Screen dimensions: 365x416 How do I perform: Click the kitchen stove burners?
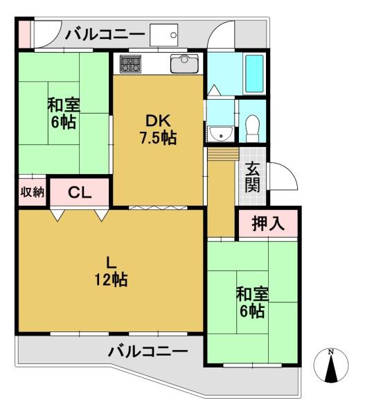[130, 64]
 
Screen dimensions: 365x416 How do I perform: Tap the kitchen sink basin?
[184, 63]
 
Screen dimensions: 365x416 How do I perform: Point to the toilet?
[252, 128]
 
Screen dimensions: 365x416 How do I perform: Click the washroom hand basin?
[221, 133]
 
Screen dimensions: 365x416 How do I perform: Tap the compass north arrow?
[331, 369]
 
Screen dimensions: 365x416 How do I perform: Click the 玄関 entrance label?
[252, 177]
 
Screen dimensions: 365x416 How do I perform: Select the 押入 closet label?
[268, 223]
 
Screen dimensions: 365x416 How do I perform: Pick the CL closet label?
[80, 193]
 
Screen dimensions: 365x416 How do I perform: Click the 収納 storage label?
[33, 191]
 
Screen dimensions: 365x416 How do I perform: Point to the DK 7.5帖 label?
[158, 129]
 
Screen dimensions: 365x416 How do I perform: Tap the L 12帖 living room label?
[111, 271]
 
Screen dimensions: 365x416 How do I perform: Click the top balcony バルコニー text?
[105, 35]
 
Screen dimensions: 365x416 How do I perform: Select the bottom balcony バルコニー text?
[148, 352]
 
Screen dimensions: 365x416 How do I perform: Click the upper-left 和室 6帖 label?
[64, 113]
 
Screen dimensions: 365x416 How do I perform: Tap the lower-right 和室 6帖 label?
[252, 302]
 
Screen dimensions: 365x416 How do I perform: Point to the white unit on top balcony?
[164, 35]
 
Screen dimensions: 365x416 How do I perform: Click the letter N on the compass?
[331, 352]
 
